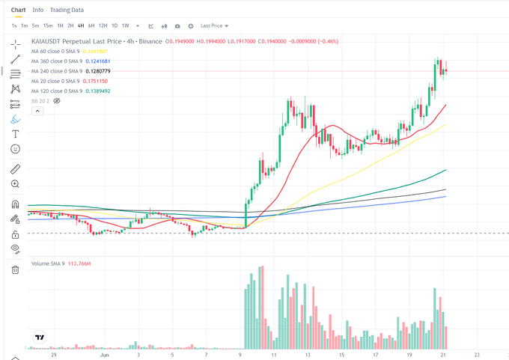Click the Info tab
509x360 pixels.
(x=37, y=10)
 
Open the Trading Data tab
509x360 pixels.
(x=67, y=10)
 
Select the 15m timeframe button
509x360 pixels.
(x=48, y=25)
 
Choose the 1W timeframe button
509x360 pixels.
(x=125, y=25)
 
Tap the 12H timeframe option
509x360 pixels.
(x=103, y=25)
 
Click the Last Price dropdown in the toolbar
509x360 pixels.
(x=215, y=25)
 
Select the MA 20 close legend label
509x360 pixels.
(x=55, y=81)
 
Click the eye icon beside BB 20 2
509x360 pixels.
(x=57, y=100)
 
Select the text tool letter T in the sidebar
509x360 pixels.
(x=15, y=134)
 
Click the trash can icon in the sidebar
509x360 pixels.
(x=15, y=269)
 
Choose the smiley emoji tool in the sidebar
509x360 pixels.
(x=15, y=149)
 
